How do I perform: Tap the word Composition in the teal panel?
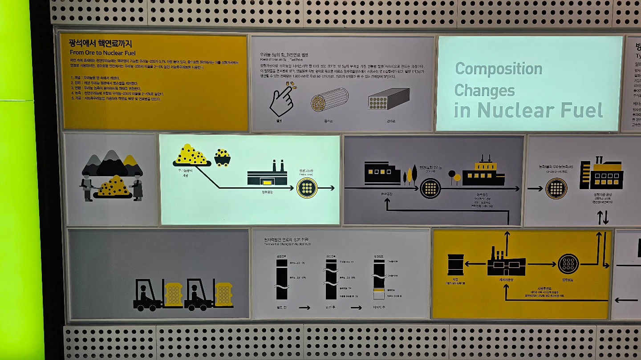(499, 69)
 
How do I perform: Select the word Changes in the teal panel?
(484, 90)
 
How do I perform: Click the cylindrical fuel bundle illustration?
(329, 100)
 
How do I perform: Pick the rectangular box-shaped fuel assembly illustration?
(389, 99)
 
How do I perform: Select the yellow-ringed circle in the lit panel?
(307, 188)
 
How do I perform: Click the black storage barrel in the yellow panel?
(455, 264)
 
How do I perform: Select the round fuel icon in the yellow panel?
(568, 264)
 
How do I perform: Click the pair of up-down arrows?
(602, 218)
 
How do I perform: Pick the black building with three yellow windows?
(382, 173)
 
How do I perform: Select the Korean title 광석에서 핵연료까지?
(101, 44)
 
